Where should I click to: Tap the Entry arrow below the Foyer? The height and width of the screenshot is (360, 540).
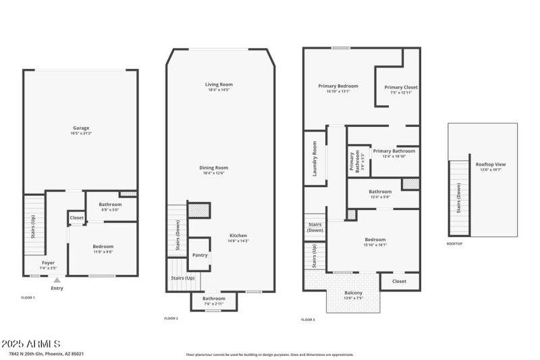pos(57,280)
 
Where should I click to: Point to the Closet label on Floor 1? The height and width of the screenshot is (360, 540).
pos(76,218)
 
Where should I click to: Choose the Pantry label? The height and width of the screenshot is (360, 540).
pos(200,255)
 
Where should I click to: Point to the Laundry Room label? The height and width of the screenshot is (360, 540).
pos(315,158)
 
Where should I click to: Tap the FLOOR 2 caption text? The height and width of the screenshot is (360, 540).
pos(171,318)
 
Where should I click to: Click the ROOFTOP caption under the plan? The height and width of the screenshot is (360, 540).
pos(455,243)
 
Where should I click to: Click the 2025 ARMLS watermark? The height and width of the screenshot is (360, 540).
pos(31,344)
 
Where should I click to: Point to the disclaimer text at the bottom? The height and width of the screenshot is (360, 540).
pos(269,355)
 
